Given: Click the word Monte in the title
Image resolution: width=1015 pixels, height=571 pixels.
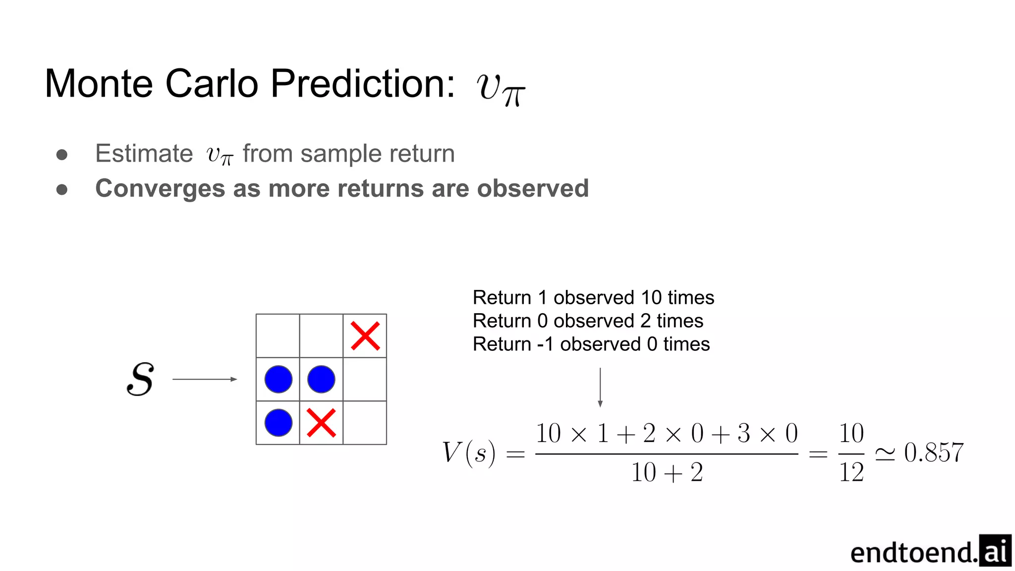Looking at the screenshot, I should coord(99,84).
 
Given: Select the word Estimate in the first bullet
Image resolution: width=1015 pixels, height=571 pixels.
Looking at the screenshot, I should coord(144,154).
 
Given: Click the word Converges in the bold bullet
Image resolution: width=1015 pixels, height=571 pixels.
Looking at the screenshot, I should coord(161,189).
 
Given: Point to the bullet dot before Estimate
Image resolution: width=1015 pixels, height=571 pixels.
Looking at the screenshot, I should coord(62,155).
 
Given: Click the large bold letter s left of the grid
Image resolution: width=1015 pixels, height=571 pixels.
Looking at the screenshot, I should coord(140,379).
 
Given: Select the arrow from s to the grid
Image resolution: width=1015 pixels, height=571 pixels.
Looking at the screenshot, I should coord(204,379).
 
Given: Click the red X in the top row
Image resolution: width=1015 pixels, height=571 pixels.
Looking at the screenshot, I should coord(365,336).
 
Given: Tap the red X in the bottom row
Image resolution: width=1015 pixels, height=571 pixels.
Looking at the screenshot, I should coord(321,423).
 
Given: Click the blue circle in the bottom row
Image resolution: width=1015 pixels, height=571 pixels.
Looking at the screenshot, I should coord(278,423).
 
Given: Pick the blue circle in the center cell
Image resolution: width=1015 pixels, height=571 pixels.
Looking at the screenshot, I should coord(321,379).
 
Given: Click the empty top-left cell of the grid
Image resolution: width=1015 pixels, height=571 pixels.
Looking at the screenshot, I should coord(278,336).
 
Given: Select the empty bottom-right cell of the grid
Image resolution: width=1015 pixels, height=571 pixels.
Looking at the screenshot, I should coord(365,423).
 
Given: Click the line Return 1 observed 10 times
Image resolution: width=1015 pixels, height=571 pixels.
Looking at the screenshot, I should coord(593,297).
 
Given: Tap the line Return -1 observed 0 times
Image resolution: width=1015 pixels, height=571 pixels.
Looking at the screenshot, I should coord(591,344).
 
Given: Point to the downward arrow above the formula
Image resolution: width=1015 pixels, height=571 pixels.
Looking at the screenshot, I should coord(600,388).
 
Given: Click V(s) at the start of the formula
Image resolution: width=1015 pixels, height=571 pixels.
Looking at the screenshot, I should coord(468,453).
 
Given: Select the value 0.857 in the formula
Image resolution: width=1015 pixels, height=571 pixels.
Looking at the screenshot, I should coord(934,453).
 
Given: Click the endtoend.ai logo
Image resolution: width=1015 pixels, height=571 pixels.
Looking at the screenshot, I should coord(930,551).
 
